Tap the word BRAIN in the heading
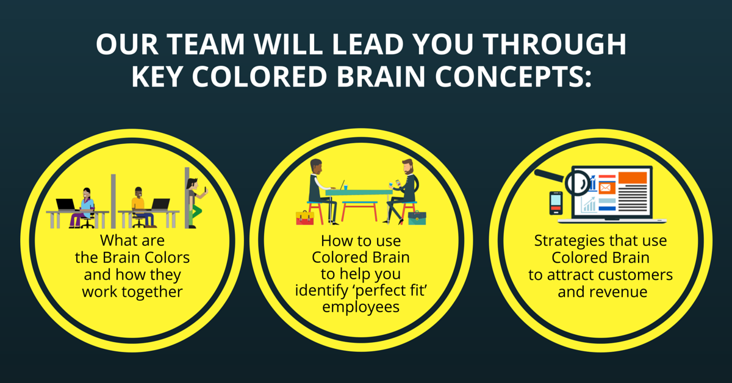[381, 76]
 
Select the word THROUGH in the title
[554, 44]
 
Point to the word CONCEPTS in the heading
[513, 76]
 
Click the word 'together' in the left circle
[152, 292]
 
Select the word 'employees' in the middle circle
[361, 307]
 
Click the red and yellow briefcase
[305, 218]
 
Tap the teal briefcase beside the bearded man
[417, 218]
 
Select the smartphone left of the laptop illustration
[556, 203]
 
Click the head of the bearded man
[407, 167]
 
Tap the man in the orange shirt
[141, 207]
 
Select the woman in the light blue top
[84, 208]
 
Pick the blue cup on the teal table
[345, 187]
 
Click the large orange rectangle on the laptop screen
[633, 177]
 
